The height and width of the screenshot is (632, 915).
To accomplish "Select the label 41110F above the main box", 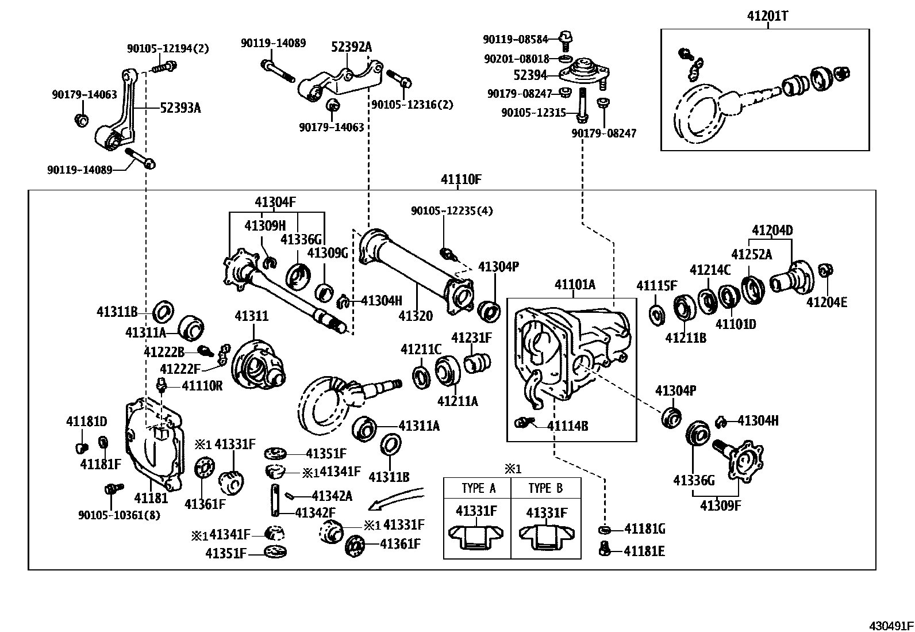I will pyautogui.click(x=460, y=179).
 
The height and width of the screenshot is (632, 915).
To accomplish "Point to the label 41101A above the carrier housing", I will pyautogui.click(x=575, y=285).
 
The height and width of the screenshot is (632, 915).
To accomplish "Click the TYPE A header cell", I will pyautogui.click(x=478, y=488).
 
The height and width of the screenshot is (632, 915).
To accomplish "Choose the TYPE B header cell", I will pyautogui.click(x=545, y=488).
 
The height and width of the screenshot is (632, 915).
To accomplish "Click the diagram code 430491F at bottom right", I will pyautogui.click(x=890, y=625).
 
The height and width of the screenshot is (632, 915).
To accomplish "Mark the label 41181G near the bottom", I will pyautogui.click(x=644, y=529).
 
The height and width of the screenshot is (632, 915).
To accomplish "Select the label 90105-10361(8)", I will pyautogui.click(x=119, y=515).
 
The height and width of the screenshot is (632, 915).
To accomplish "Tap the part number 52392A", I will pyautogui.click(x=351, y=47).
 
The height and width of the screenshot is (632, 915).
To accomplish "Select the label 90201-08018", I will pyautogui.click(x=516, y=59).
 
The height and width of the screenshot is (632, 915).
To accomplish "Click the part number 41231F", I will pyautogui.click(x=471, y=338).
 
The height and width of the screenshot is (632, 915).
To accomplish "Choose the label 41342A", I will pyautogui.click(x=332, y=495).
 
